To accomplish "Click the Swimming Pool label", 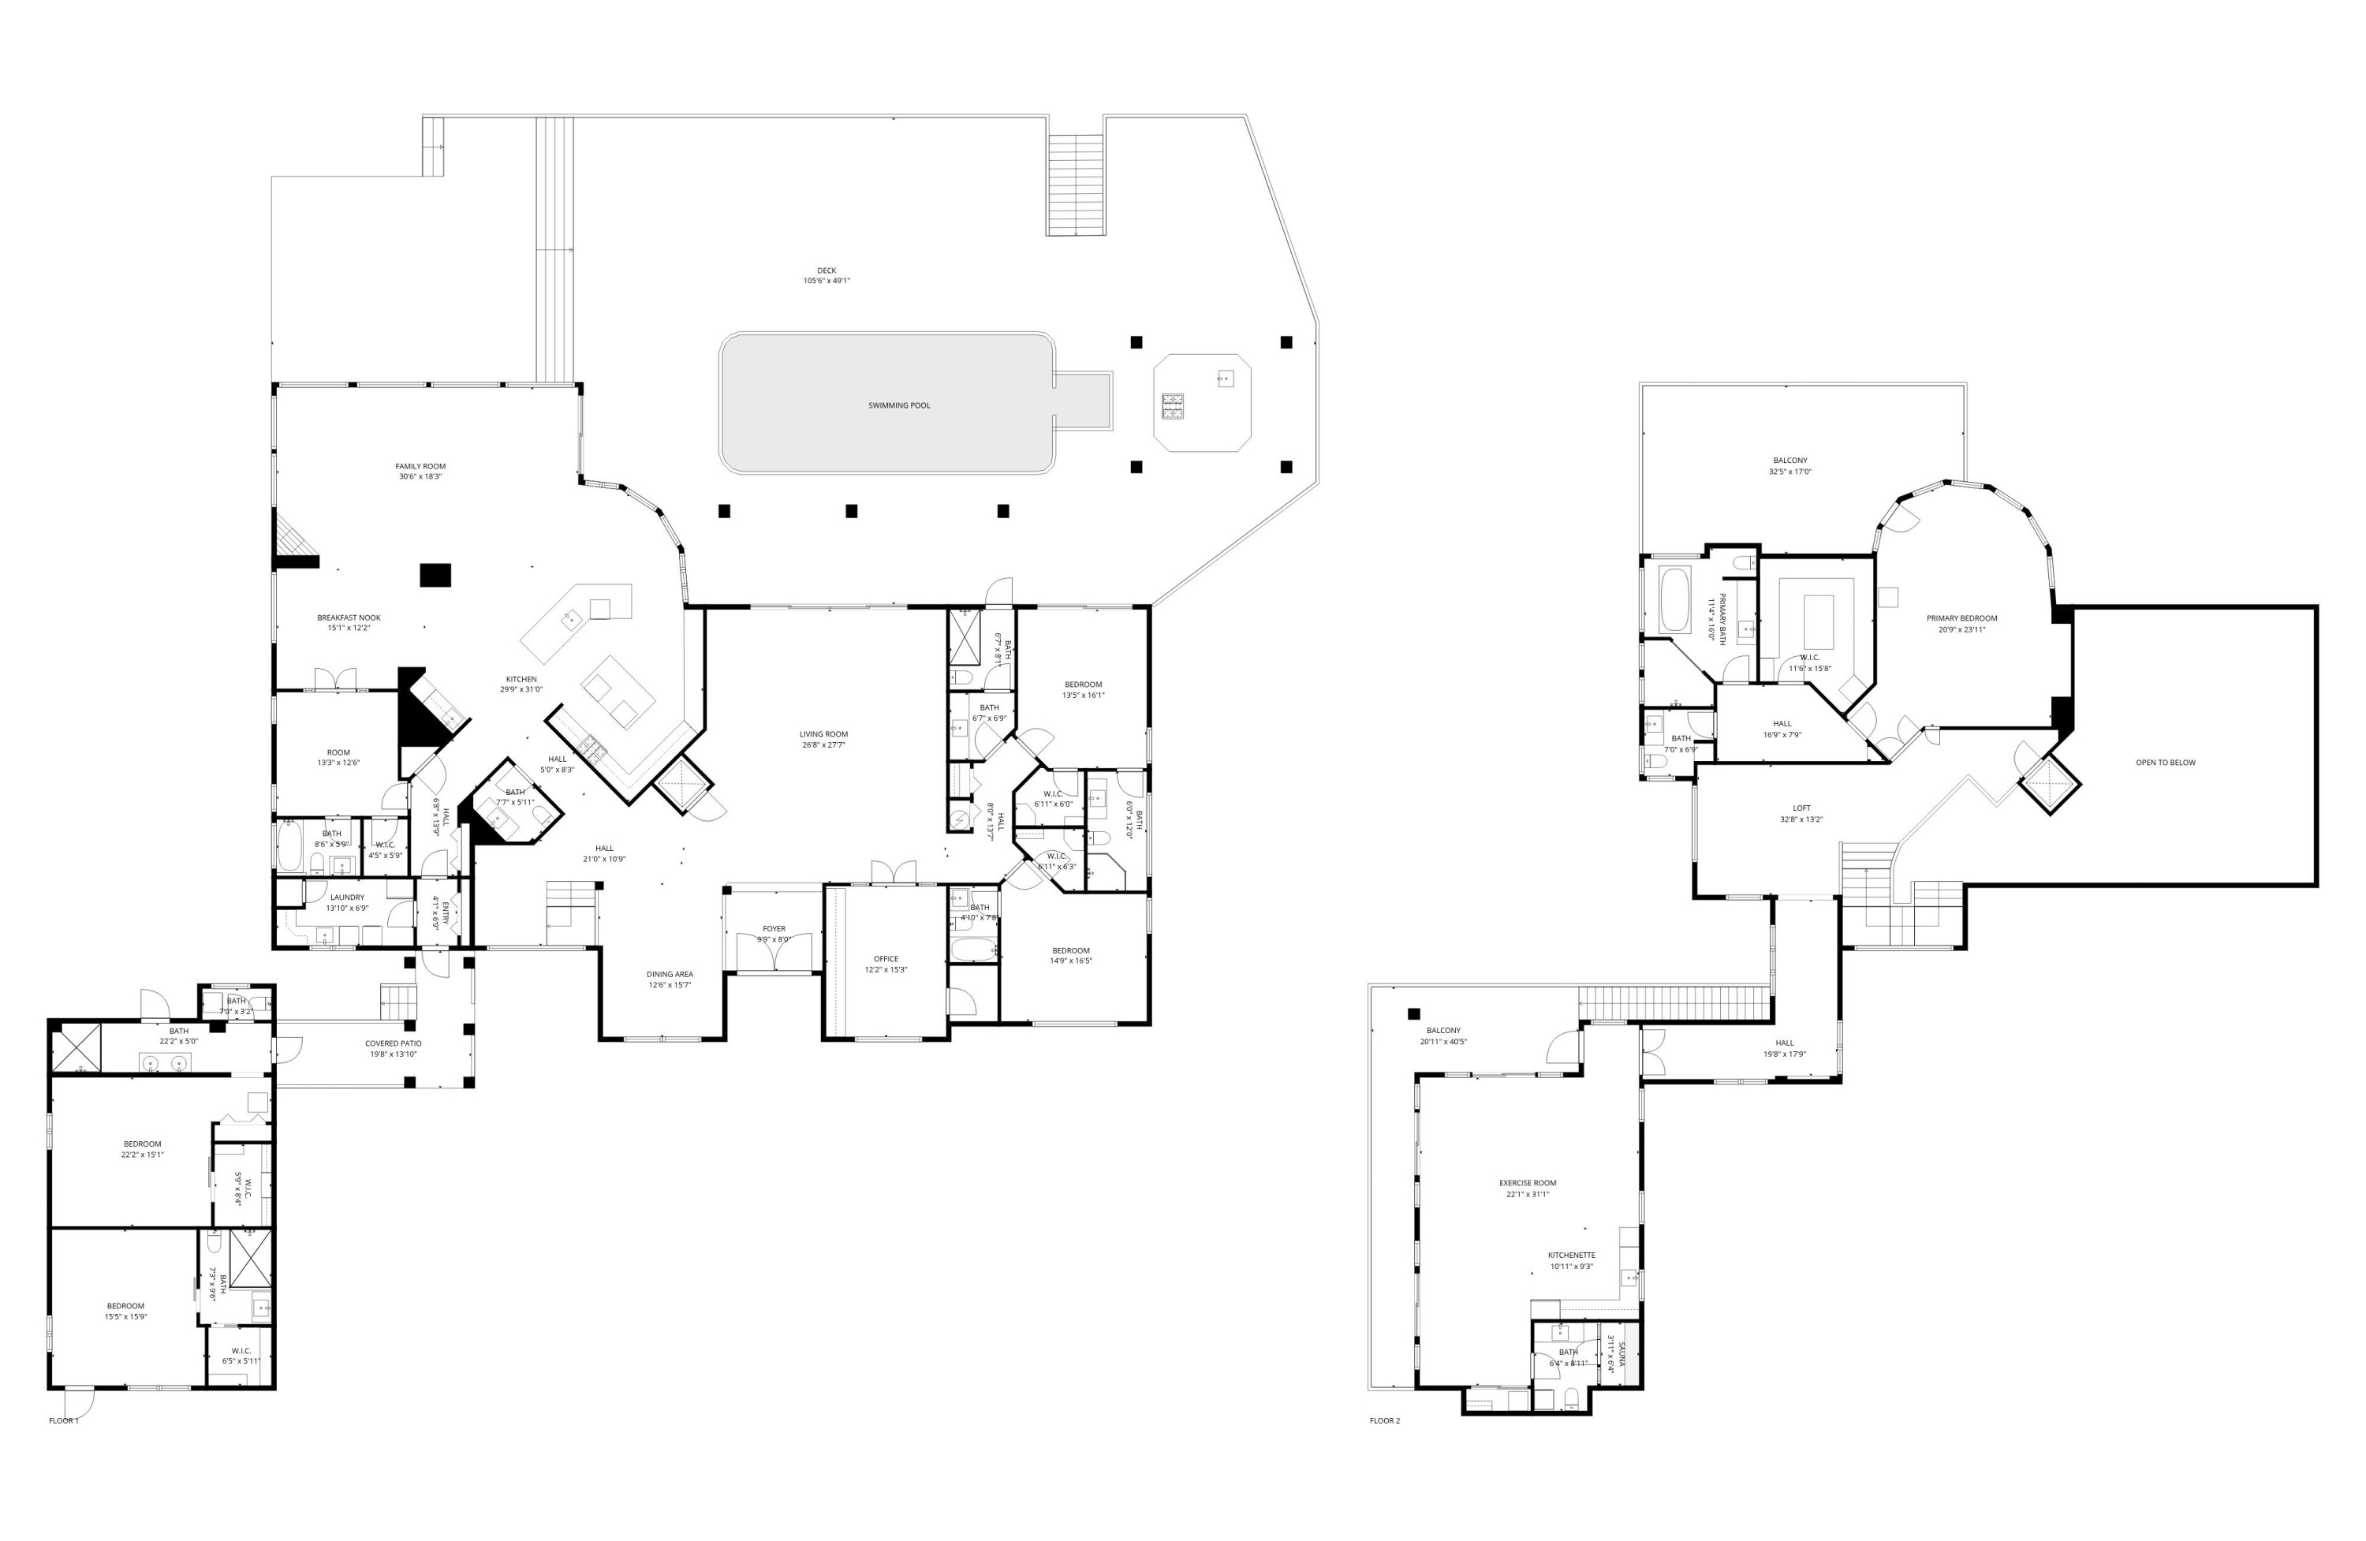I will [898, 405].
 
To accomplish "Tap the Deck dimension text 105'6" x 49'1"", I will [826, 282].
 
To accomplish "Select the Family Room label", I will [420, 466].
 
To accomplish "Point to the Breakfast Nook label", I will [348, 618].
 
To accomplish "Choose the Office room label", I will [886, 960].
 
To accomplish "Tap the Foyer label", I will [774, 928].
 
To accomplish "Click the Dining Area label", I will [669, 974].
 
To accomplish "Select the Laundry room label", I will [347, 897].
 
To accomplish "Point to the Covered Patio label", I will [394, 1044].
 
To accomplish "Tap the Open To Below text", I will [2165, 763].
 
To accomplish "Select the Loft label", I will [1801, 808].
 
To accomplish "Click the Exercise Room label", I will [1527, 1183].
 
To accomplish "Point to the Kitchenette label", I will [1571, 1256].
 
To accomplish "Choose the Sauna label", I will [1621, 1353].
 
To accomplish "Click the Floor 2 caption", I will [1384, 1420].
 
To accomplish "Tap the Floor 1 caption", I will [64, 1420].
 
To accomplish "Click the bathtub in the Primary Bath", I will [1674, 599].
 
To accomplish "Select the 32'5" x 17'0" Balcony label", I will [1789, 461].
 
